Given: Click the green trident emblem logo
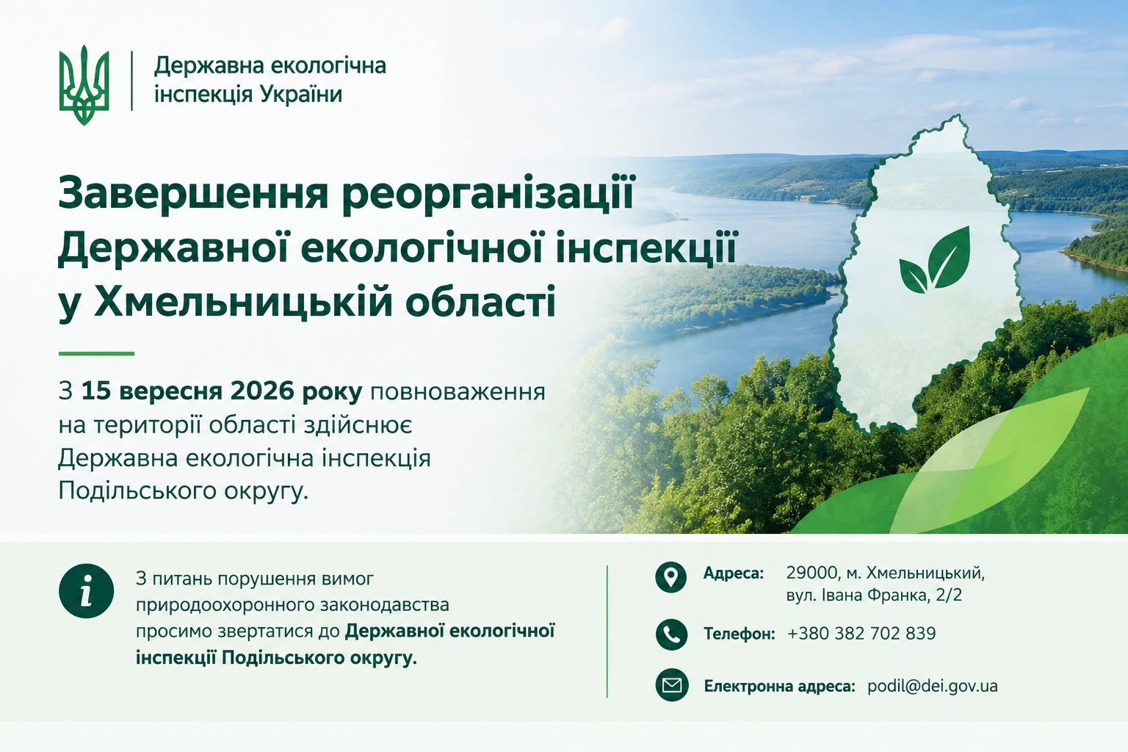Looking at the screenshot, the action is coord(84,84).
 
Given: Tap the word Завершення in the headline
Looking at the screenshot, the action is coord(193,193).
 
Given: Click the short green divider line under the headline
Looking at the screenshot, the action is coord(96,353).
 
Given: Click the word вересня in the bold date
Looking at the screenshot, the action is coord(171,392).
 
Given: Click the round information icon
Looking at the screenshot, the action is coord(86,591).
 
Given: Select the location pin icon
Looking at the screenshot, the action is coord(670,576).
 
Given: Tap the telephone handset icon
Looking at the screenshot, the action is coord(671,634).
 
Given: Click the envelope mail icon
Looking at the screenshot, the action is coord(672,685).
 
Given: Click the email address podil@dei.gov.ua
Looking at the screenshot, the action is coord(933,686).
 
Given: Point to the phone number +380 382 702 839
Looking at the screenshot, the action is coord(861,633).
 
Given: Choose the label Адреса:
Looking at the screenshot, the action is coord(734,574).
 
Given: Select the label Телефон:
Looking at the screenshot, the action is coord(740,634).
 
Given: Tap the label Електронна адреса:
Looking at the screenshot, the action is coord(779,686).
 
